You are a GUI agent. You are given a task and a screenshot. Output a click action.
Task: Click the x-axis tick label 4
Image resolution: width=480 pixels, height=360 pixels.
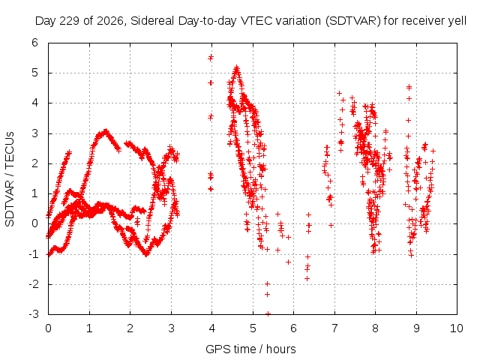pos(211,328)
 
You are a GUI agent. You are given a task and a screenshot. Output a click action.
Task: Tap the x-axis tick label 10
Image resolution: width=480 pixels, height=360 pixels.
pos(457,328)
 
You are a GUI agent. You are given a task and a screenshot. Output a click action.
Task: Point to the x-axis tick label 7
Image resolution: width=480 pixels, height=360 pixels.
pos(334,328)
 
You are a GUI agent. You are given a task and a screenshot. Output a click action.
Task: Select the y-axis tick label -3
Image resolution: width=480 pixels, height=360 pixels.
pos(34,314)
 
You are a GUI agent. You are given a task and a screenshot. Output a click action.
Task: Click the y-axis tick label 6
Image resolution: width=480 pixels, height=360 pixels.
pos(35,43)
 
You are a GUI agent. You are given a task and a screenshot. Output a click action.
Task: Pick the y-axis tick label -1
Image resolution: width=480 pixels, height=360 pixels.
pos(34,253)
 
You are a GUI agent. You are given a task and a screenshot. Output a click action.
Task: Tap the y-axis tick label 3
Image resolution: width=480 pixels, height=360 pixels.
pos(35,133)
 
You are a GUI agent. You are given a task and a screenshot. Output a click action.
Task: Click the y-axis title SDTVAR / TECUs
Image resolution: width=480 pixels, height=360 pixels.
pos(10,179)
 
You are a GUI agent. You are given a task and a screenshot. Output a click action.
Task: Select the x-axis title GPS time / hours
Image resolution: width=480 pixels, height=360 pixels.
pos(250,349)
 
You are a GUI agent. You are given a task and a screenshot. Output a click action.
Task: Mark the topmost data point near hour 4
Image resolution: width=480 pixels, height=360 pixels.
pos(211,58)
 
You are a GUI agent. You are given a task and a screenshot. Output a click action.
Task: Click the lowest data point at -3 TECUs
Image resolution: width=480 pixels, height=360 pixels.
pos(268,313)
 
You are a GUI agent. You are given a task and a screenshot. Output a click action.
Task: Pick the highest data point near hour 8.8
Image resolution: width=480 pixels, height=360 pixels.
pos(409,88)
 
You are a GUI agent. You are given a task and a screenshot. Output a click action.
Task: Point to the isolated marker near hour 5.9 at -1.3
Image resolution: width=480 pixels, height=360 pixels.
pos(288,262)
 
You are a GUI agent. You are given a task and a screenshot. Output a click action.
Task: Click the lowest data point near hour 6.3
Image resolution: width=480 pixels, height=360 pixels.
pos(307,278)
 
